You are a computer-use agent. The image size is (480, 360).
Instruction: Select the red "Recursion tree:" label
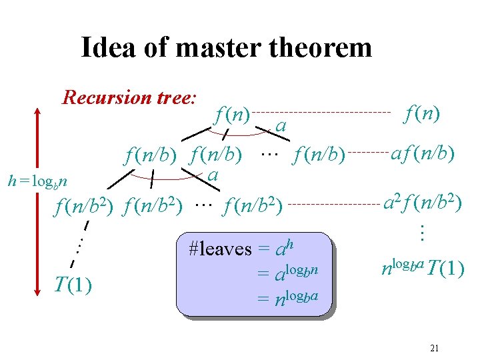point(129,98)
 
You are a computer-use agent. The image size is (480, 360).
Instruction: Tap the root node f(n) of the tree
point(232,114)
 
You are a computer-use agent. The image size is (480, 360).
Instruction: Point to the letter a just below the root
point(281,126)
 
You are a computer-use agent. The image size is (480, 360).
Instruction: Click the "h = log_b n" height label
point(41,180)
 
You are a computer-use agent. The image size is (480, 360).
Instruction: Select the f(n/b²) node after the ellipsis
point(257,206)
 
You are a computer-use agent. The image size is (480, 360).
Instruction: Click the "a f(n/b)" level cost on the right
point(423,155)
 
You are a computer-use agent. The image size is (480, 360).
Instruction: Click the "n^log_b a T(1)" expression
point(423,269)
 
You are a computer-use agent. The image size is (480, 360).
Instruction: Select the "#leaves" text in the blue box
point(220,249)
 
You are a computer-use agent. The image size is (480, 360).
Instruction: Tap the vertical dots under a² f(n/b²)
point(421,232)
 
